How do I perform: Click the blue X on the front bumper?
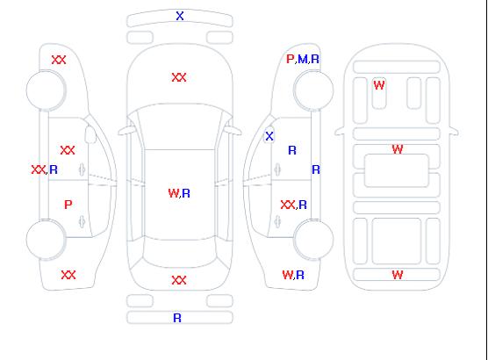[x=180, y=16]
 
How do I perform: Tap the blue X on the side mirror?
[x=269, y=136]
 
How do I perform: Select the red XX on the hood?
[x=179, y=77]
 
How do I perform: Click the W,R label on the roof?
[x=179, y=193]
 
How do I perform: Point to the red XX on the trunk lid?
[x=179, y=280]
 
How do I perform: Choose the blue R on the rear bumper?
[x=177, y=318]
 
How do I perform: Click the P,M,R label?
[x=303, y=59]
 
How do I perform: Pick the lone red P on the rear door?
[x=68, y=205]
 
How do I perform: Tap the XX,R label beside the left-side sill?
[x=45, y=169]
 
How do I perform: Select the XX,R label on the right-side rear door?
[x=294, y=205]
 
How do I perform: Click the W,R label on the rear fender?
[x=293, y=275]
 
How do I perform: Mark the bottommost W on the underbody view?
[x=398, y=275]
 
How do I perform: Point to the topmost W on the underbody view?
[x=379, y=85]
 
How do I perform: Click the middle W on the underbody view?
[x=398, y=149]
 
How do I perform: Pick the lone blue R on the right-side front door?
[x=292, y=150]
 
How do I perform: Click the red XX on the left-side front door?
[x=68, y=150]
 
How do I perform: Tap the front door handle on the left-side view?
[x=82, y=169]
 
